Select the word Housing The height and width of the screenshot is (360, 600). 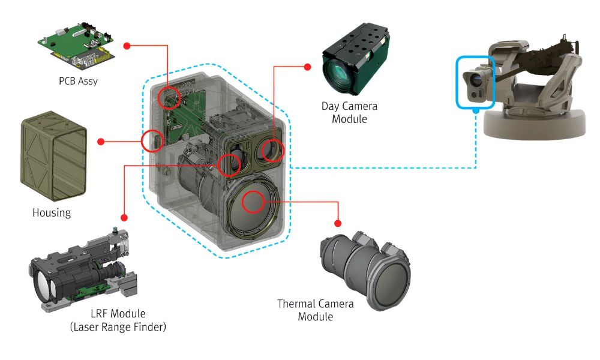coord(52,212)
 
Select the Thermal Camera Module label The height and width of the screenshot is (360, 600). coord(315,310)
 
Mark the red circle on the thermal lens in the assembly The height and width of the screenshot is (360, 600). coord(254,202)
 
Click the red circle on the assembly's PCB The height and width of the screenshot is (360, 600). coord(170,97)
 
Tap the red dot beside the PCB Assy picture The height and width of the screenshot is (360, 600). coord(126,46)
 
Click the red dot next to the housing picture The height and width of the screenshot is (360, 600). coord(101,142)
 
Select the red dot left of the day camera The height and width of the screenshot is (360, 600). coord(308,66)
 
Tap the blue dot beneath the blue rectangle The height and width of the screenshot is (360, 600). coord(475,110)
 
